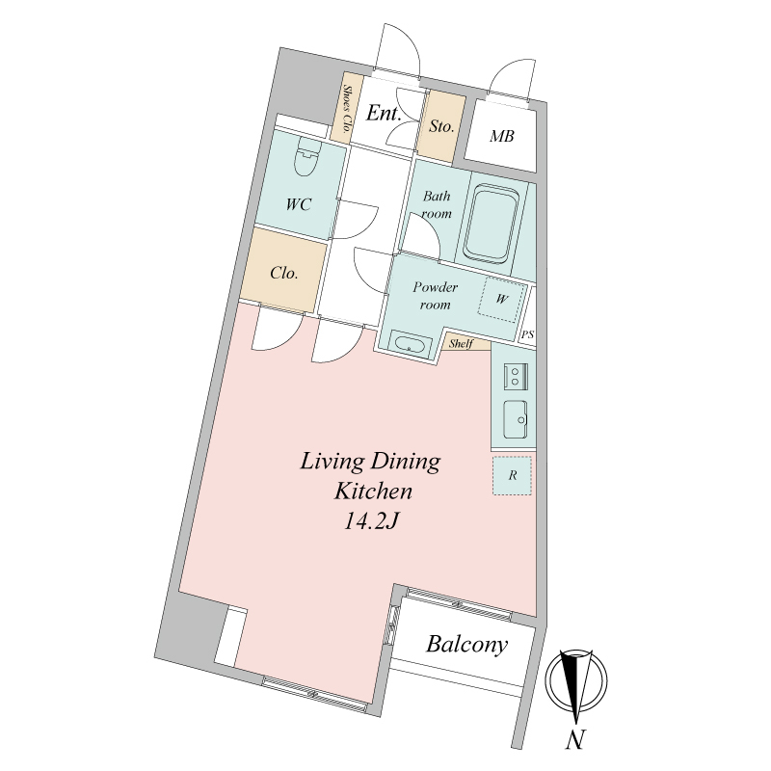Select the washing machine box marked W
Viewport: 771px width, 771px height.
click(501, 299)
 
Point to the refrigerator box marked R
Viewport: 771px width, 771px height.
click(513, 475)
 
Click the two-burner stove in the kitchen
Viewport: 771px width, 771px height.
click(516, 377)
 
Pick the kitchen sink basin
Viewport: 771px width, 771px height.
click(516, 419)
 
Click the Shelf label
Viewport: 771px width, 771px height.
click(461, 344)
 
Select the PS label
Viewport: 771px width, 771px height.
click(527, 334)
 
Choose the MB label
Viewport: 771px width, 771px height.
click(501, 136)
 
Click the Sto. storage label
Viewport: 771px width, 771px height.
click(441, 126)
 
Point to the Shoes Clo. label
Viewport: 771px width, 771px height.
click(347, 109)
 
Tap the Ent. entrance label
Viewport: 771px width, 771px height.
click(384, 113)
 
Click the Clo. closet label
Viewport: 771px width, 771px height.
click(284, 273)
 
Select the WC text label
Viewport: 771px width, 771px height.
click(299, 204)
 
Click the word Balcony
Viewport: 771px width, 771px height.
click(466, 644)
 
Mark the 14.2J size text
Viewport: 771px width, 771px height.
click(370, 521)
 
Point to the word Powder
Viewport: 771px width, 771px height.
click(436, 286)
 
